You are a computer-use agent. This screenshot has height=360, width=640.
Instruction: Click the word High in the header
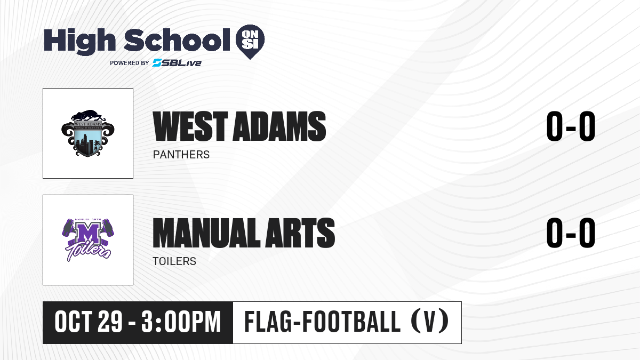(80, 41)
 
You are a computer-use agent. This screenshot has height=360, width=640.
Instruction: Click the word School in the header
(177, 39)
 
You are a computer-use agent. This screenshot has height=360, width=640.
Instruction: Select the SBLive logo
(177, 63)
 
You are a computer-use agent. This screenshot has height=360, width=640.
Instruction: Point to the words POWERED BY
(130, 63)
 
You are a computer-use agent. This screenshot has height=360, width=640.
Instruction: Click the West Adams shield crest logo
(88, 133)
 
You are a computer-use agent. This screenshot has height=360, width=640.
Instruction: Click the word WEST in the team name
(190, 126)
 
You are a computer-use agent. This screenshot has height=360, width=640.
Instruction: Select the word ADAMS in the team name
(279, 126)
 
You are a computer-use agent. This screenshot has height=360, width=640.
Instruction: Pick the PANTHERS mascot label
(181, 155)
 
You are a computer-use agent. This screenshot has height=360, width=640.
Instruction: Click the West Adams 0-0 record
(571, 126)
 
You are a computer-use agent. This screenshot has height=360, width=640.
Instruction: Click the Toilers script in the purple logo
(88, 252)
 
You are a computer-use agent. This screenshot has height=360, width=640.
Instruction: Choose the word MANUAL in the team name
(206, 233)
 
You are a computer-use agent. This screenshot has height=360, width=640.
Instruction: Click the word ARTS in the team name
(300, 233)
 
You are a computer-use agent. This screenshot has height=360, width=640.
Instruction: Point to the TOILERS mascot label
(174, 261)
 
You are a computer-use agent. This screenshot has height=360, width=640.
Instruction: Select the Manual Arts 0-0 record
(571, 233)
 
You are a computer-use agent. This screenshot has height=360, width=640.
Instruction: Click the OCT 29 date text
(89, 322)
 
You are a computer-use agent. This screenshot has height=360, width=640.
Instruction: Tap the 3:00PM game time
(181, 322)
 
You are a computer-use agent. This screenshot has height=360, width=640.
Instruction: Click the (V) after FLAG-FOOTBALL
(430, 321)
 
